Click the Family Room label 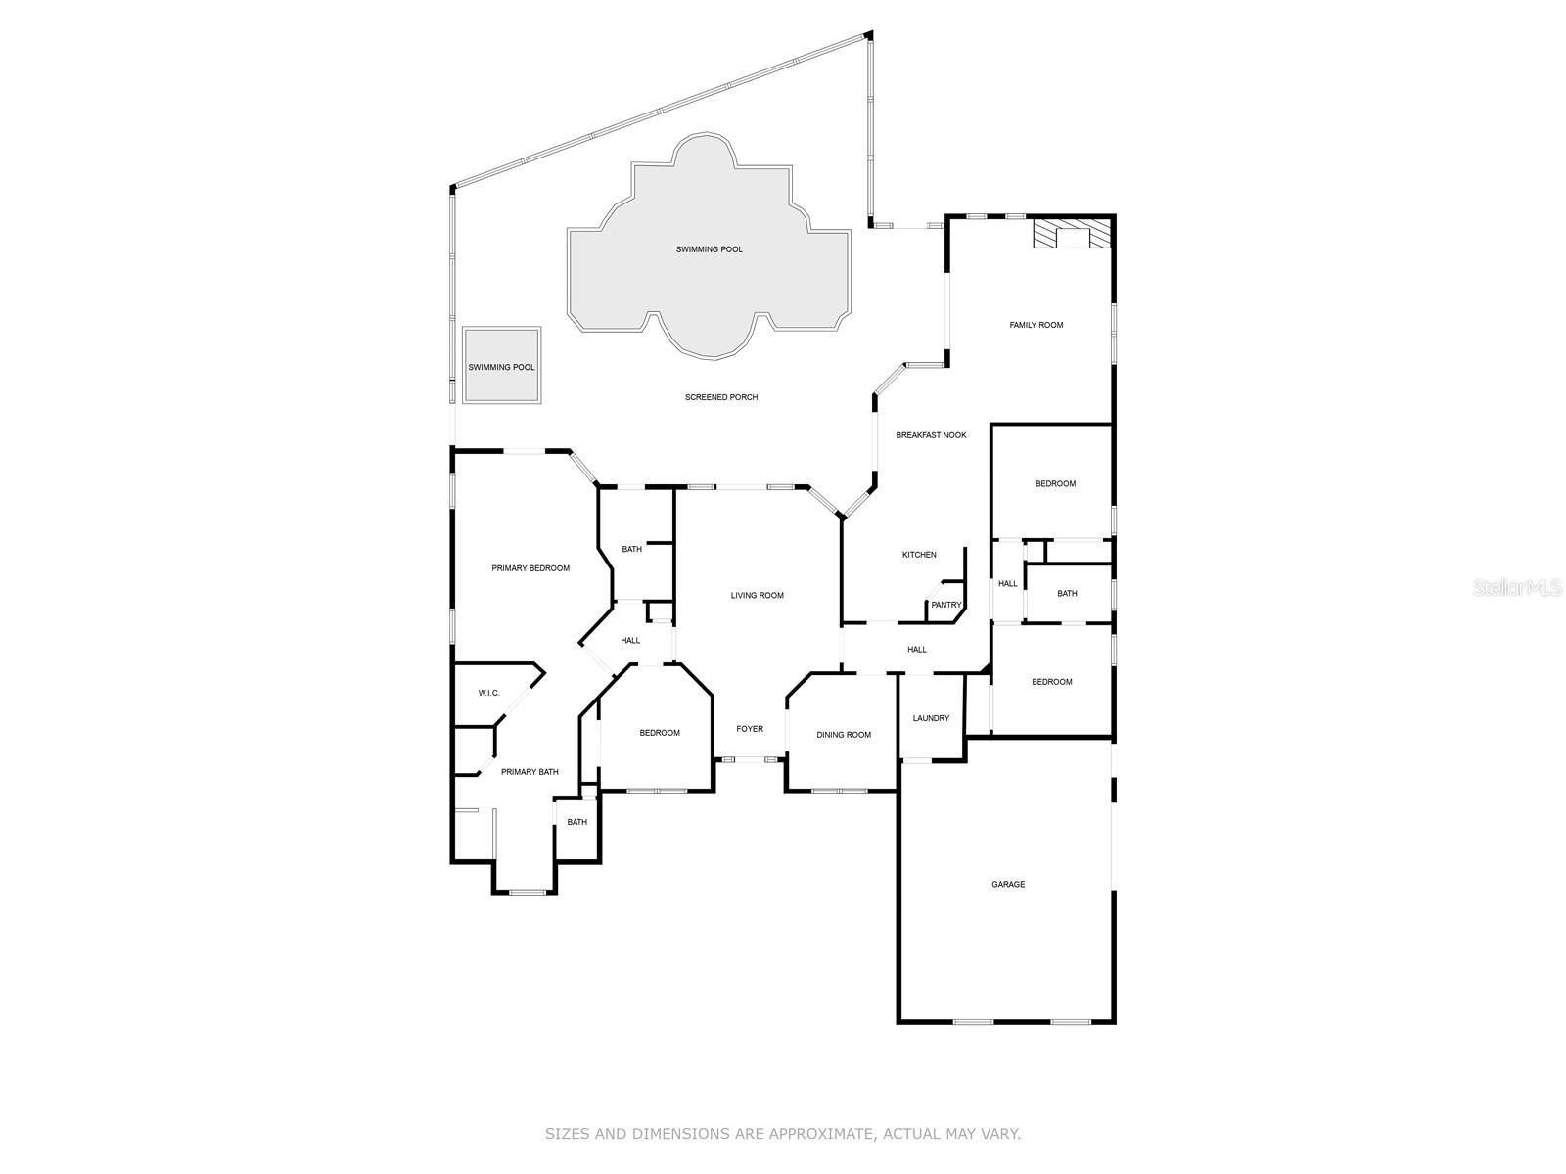pos(1036,325)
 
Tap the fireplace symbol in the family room pos(1072,233)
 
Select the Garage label pos(1007,884)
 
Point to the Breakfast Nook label pos(931,435)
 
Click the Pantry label pos(946,605)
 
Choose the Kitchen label pos(919,555)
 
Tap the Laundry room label pos(931,718)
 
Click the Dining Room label pos(844,734)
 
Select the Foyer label pos(749,729)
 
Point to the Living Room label pos(757,595)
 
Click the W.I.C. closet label pos(488,693)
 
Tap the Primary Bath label pos(530,771)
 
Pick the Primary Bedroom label pos(530,568)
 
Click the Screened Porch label pos(720,397)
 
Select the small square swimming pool pos(501,365)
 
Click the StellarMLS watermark pos(1517,587)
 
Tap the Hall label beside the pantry pos(917,650)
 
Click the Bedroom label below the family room pos(1055,484)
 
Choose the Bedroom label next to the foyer pos(660,733)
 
